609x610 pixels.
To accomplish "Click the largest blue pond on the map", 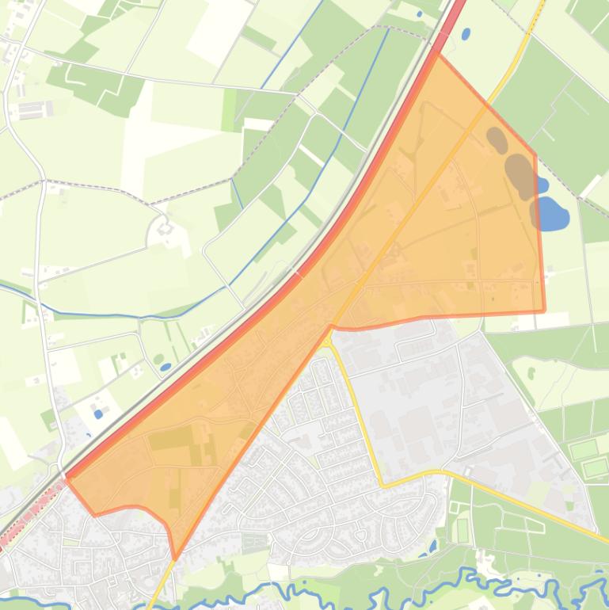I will tap(553, 213).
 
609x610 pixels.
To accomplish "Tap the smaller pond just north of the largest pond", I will tap(542, 185).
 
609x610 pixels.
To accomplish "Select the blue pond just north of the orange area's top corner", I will tap(465, 34).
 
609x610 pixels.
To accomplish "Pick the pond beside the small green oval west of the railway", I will tap(166, 367).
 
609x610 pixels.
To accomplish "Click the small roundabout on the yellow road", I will tap(327, 340).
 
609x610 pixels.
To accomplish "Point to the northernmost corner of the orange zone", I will tap(438, 53).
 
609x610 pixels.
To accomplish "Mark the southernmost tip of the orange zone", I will tap(174, 559).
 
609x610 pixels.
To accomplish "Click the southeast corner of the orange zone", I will tap(544, 311).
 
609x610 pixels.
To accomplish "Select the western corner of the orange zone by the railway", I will tap(67, 478).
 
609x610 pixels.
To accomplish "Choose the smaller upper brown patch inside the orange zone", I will tap(497, 139).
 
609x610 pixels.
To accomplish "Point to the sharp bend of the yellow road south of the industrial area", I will tap(383, 485).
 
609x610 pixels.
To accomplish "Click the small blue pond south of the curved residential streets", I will tap(432, 547).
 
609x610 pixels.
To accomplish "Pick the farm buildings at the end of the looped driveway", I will tap(166, 231).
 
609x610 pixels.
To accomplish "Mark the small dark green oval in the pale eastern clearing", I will tap(531, 373).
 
